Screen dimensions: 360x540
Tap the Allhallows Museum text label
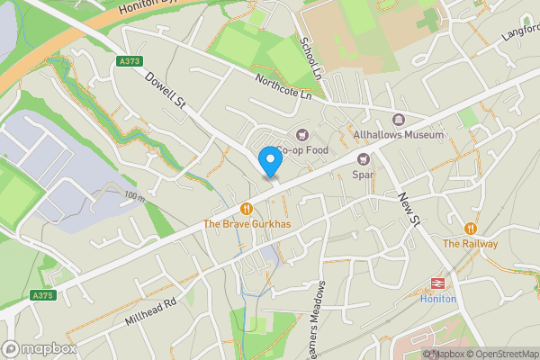click(399, 135)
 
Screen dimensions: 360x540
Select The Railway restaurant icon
click(470, 229)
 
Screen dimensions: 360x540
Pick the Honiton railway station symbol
click(437, 283)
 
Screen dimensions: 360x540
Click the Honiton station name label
click(438, 299)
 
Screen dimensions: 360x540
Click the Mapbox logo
click(40, 348)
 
